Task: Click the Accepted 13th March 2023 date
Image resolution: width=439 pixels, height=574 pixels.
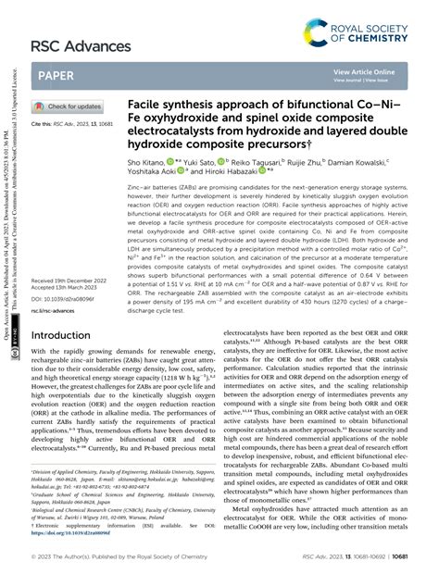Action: pos(70,263)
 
